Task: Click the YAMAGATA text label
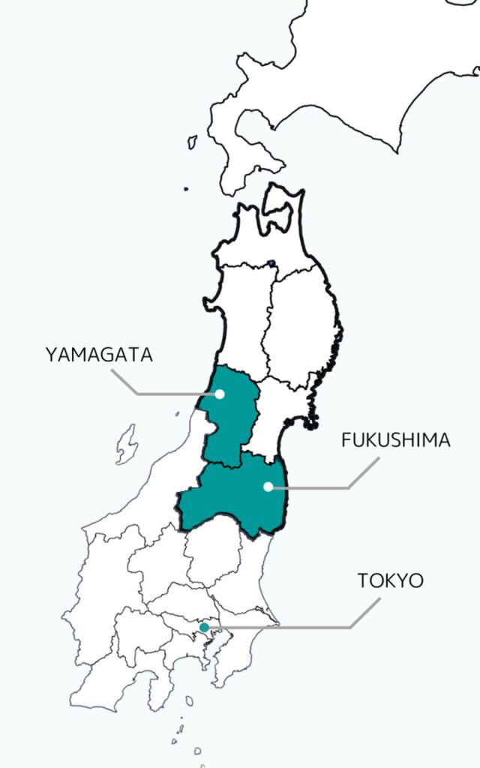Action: click(99, 355)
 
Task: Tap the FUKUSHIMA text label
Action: click(396, 440)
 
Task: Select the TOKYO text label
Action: click(390, 580)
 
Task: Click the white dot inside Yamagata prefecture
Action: click(220, 394)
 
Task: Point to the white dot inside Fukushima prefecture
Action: click(268, 487)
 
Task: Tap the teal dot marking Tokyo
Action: click(204, 627)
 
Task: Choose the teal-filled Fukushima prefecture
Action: click(232, 499)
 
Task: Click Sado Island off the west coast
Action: click(126, 444)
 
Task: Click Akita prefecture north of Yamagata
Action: click(240, 315)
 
